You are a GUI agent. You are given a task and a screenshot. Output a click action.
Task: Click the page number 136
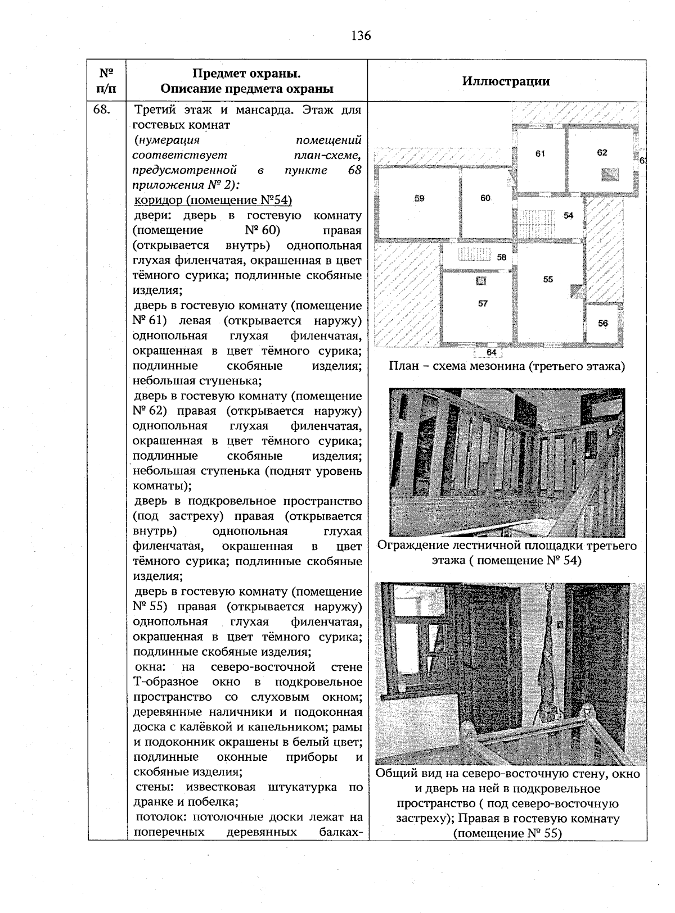(361, 36)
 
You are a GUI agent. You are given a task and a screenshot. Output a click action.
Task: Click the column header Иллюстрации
(506, 81)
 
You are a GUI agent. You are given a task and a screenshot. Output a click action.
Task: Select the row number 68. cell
(102, 110)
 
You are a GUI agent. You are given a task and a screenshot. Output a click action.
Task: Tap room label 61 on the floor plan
(540, 153)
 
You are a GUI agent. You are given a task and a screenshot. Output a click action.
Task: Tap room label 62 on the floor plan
(602, 152)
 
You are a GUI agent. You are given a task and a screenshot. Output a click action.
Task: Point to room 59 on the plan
(419, 198)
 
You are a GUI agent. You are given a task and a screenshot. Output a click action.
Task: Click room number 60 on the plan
(485, 198)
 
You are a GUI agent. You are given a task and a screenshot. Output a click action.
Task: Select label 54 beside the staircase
(568, 216)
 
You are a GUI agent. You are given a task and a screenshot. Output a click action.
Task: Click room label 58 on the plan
(502, 257)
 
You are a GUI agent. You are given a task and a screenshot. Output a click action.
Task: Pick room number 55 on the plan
(548, 279)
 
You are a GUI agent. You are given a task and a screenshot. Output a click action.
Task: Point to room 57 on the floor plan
(483, 303)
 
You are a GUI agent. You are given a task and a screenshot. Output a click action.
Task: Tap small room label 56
(602, 323)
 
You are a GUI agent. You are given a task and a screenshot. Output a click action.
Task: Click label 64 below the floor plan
(491, 352)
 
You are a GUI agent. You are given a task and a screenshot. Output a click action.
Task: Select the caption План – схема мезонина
(506, 367)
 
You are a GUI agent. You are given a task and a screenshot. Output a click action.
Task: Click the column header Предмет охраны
(246, 81)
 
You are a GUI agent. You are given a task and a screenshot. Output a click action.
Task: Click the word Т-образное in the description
(165, 682)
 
